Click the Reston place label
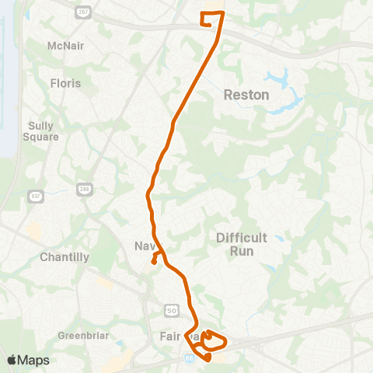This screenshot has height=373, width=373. pyautogui.click(x=246, y=95)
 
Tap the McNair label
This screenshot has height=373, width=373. pyautogui.click(x=65, y=46)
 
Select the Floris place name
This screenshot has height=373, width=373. pyautogui.click(x=65, y=82)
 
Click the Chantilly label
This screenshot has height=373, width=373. pyautogui.click(x=64, y=256)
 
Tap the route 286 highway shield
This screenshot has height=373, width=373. pyautogui.click(x=84, y=189)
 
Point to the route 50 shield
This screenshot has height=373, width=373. pyautogui.click(x=170, y=311)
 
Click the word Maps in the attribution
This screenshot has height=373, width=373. pyautogui.click(x=34, y=360)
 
